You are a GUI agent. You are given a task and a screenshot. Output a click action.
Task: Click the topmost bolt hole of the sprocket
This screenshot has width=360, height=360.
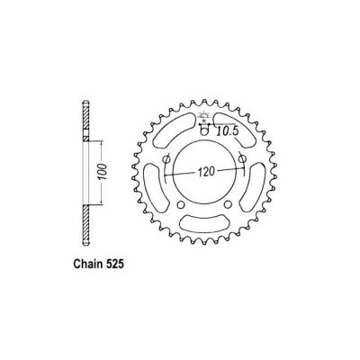(x=206, y=131)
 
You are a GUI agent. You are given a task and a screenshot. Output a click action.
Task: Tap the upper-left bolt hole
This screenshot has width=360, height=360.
(x=168, y=159)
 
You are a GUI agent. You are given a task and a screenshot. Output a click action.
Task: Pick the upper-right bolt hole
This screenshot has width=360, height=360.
(x=245, y=159)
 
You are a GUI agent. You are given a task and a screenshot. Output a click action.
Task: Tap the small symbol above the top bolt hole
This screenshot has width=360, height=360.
(x=206, y=120)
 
